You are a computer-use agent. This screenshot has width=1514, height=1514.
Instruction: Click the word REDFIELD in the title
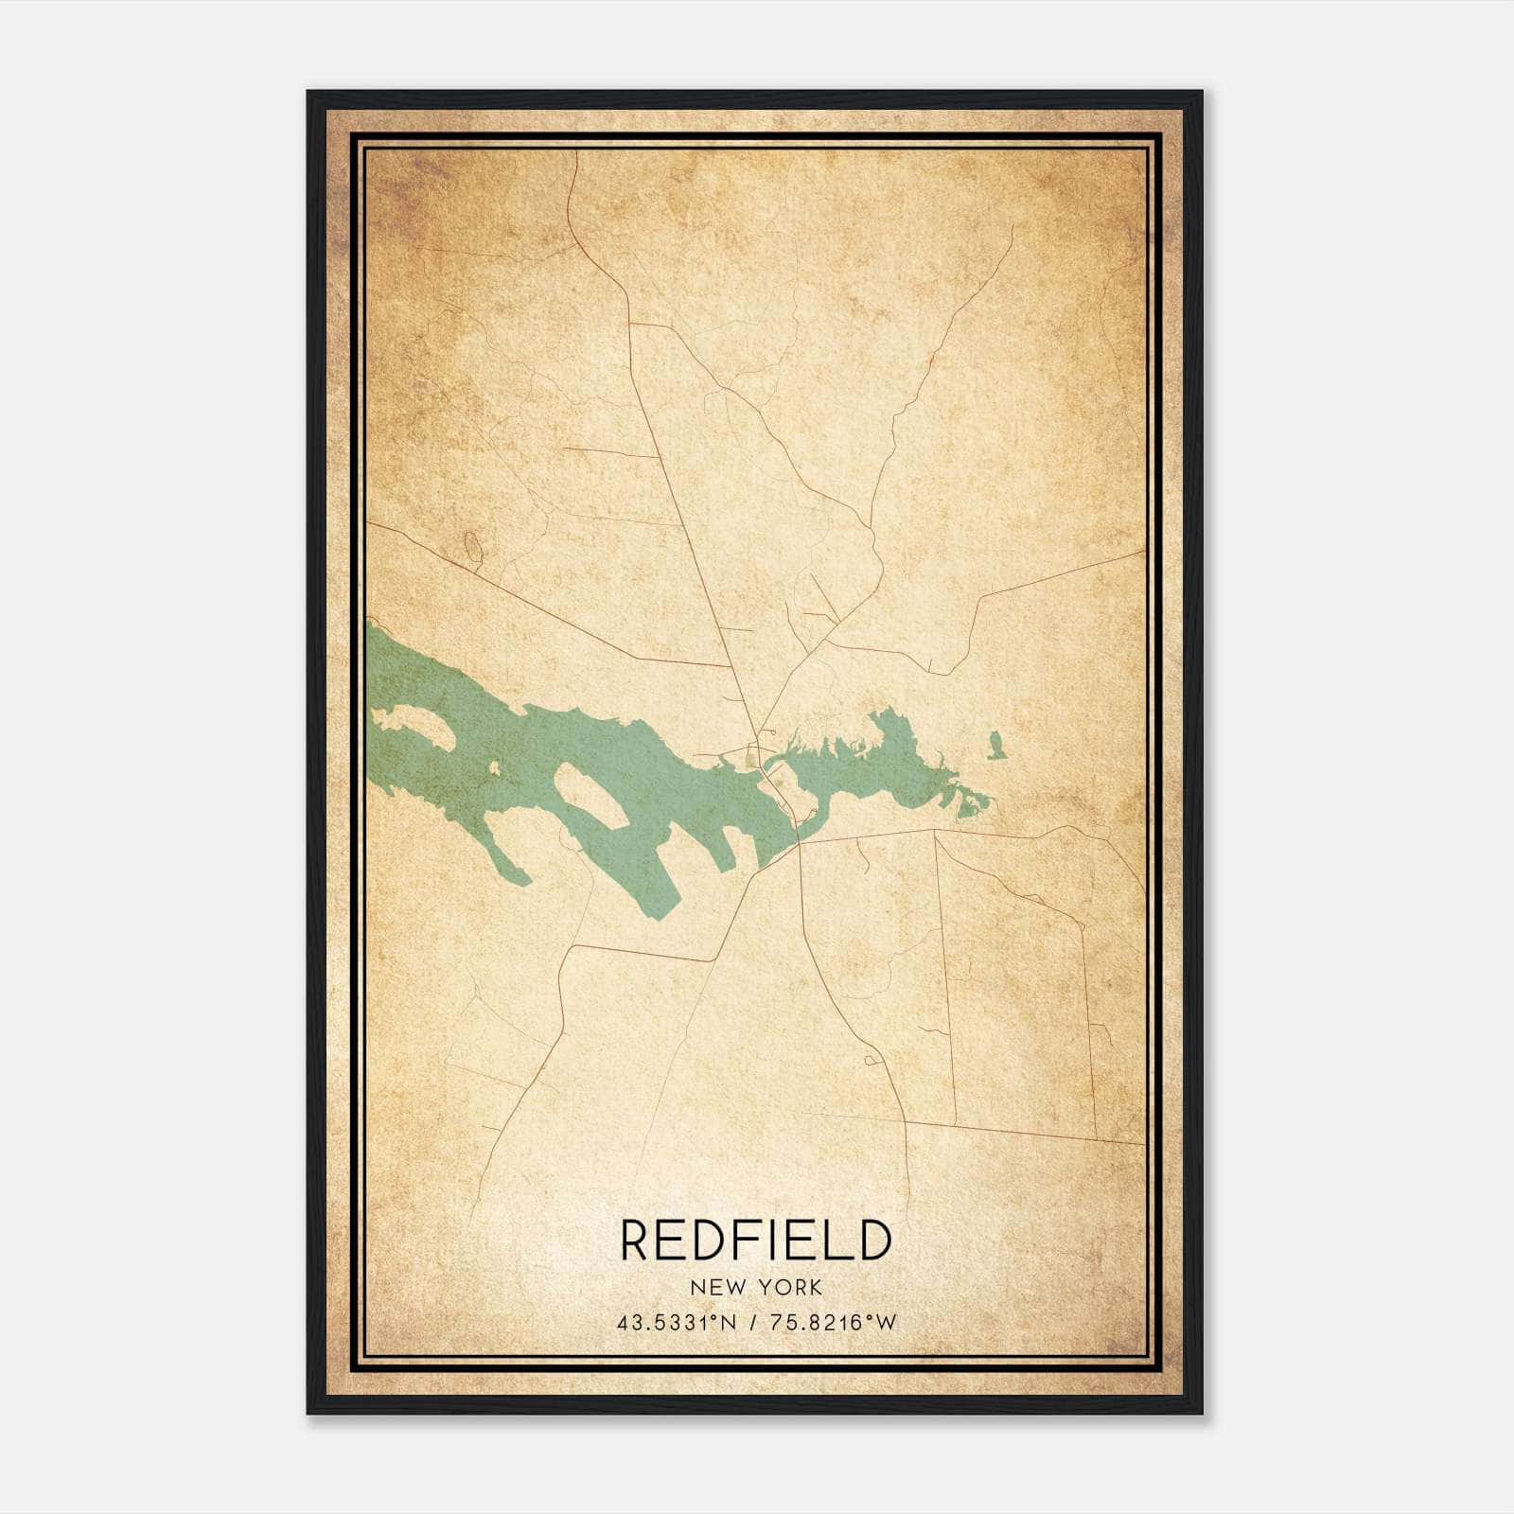click(756, 1241)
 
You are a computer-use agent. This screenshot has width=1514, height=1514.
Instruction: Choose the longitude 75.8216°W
click(833, 1323)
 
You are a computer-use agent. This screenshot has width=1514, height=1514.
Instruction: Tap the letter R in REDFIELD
click(636, 1241)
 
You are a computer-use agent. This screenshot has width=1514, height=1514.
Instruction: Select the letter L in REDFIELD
click(835, 1241)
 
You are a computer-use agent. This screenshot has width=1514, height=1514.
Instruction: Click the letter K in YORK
click(815, 1288)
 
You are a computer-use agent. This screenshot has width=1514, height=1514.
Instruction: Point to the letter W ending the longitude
click(886, 1323)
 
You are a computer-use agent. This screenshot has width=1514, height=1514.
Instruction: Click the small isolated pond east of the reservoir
click(995, 747)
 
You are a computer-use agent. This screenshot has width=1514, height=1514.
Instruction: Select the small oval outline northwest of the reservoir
click(472, 545)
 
